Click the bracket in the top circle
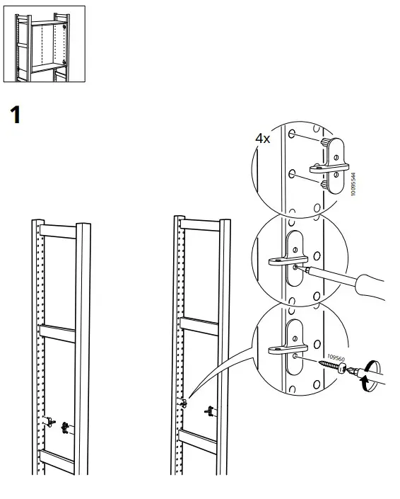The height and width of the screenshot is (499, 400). [328, 165]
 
